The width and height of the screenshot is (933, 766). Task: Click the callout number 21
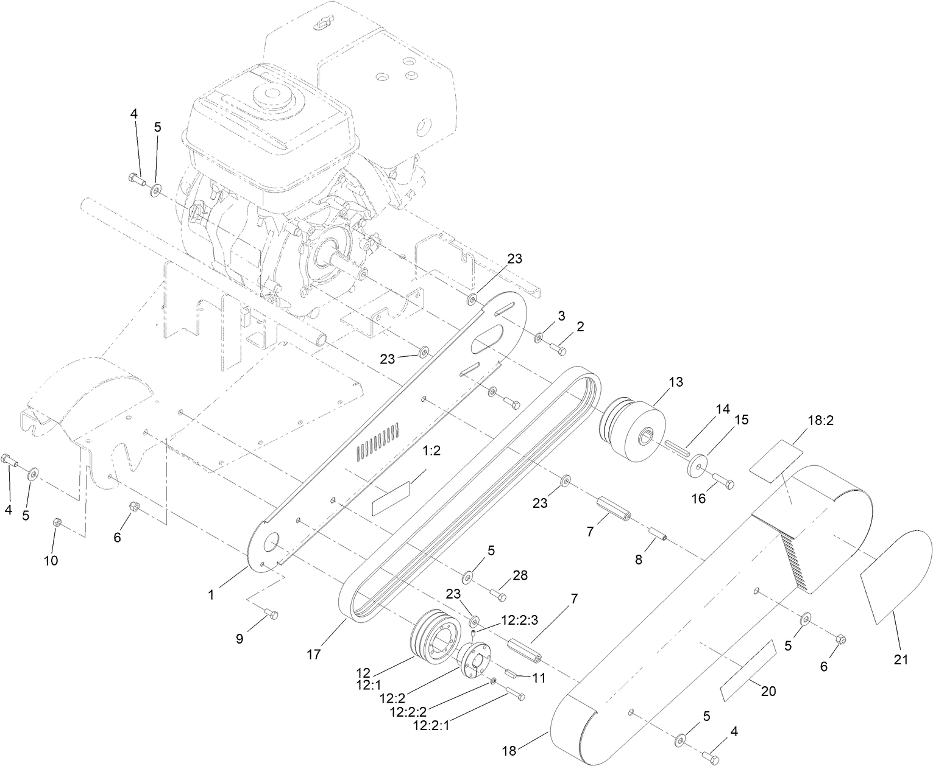tap(901, 659)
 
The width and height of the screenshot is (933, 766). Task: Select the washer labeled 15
tap(696, 465)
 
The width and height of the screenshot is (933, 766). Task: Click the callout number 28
tap(520, 575)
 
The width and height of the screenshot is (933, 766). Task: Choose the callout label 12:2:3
tap(520, 620)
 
